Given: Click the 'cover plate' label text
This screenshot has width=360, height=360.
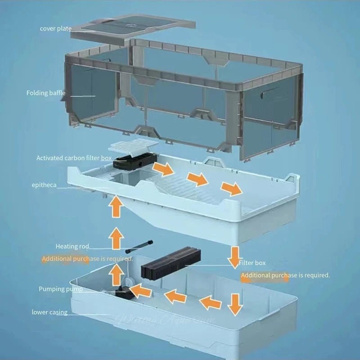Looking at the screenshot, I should (x=55, y=29).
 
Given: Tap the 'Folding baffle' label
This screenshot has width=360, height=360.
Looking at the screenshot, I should (x=45, y=93).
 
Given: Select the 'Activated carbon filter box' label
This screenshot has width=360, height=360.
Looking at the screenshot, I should (x=74, y=158).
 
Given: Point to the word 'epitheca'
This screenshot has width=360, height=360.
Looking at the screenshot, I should (x=44, y=185).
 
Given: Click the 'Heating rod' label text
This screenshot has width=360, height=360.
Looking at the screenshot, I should (x=72, y=246).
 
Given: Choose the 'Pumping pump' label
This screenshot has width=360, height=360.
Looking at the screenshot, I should (x=60, y=289).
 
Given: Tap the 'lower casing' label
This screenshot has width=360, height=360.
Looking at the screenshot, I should (x=49, y=312).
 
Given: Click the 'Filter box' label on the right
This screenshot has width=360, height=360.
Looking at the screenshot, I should (x=252, y=263).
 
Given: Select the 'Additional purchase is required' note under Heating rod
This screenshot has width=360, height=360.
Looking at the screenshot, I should (x=87, y=259).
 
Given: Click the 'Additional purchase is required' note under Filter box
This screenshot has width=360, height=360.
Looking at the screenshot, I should (x=285, y=275).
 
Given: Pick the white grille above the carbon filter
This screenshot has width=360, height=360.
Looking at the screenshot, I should (x=134, y=146).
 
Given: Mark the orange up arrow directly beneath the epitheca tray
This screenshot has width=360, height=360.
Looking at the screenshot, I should (x=116, y=208).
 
